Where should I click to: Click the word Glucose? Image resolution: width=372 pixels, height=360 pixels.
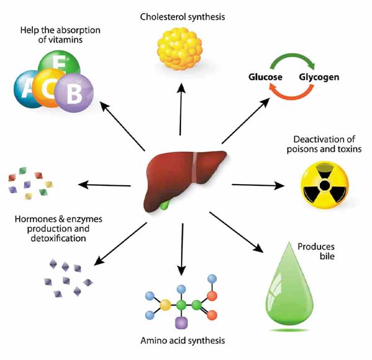pyautogui.click(x=265, y=77)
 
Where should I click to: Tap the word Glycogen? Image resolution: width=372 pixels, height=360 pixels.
pyautogui.click(x=319, y=77)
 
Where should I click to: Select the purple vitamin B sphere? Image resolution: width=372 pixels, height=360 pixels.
pyautogui.click(x=74, y=93)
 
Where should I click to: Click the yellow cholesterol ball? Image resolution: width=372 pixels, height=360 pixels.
pyautogui.click(x=180, y=48)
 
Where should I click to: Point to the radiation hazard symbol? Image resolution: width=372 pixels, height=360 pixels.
pyautogui.click(x=324, y=185)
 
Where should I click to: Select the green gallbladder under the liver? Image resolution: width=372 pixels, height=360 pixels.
pyautogui.click(x=165, y=204)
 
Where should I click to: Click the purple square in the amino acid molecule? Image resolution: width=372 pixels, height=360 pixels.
pyautogui.click(x=181, y=323)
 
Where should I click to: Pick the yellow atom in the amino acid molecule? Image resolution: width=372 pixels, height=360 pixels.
pyautogui.click(x=166, y=305)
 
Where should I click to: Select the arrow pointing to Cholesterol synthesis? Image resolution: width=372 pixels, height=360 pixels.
pyautogui.click(x=181, y=109)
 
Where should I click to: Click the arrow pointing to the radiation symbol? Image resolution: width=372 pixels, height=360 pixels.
pyautogui.click(x=258, y=185)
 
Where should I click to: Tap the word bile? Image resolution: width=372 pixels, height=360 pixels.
pyautogui.click(x=327, y=256)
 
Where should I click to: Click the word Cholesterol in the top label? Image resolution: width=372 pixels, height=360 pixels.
pyautogui.click(x=162, y=17)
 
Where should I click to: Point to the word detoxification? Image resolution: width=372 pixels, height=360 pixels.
pyautogui.click(x=58, y=239)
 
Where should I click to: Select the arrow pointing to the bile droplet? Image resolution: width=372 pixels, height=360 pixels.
pyautogui.click(x=236, y=232)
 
